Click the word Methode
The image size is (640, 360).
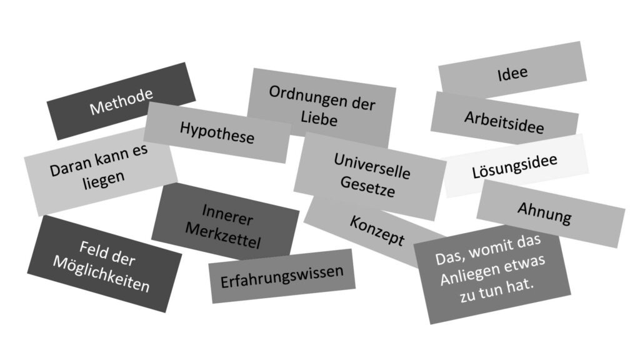point(121,102)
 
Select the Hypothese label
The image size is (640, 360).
point(217,132)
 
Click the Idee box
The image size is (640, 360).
point(512,73)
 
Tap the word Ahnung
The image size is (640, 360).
point(544,213)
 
